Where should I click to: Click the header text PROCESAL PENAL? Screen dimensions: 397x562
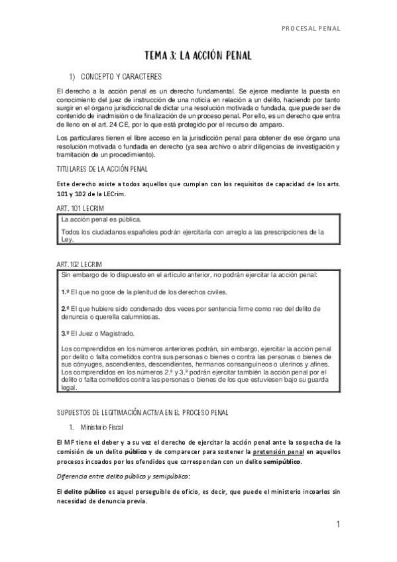pyautogui.click(x=311, y=28)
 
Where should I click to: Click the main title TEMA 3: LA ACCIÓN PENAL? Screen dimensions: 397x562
pyautogui.click(x=198, y=56)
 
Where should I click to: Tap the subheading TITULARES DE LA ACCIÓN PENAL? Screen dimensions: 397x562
pyautogui.click(x=103, y=170)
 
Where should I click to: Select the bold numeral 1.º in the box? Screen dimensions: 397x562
pyautogui.click(x=66, y=292)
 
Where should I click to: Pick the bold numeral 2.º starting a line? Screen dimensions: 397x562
pyautogui.click(x=66, y=309)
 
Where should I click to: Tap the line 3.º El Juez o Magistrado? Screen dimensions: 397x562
pyautogui.click(x=97, y=333)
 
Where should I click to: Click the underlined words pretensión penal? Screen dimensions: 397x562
pyautogui.click(x=277, y=451)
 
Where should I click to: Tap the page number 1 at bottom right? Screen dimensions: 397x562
pyautogui.click(x=338, y=525)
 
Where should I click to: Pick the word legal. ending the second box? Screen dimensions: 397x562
pyautogui.click(x=69, y=388)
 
